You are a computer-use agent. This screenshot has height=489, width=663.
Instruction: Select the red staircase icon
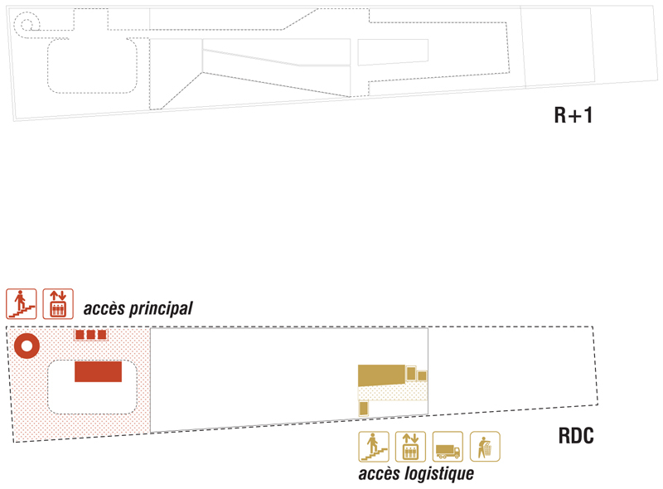point(21,303)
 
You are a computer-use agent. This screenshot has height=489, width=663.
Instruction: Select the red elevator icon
point(58,303)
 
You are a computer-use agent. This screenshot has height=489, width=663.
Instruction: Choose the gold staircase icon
point(373,447)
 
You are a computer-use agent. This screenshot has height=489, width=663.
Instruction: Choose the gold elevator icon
point(410,447)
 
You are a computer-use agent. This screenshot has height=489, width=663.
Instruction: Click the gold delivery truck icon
point(448,447)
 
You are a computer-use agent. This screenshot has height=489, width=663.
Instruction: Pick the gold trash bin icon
point(485,447)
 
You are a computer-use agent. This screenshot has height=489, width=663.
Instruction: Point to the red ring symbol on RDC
point(27,346)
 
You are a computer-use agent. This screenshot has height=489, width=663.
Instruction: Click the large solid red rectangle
point(98,371)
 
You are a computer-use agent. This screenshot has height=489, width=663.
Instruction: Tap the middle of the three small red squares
point(91,335)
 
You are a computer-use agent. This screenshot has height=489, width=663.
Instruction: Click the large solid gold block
point(381,375)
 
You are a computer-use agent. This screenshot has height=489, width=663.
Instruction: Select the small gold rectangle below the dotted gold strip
point(363,408)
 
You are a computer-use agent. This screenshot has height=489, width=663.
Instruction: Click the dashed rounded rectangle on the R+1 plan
point(91,65)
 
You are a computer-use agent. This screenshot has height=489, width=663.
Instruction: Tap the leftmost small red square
point(80,335)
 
